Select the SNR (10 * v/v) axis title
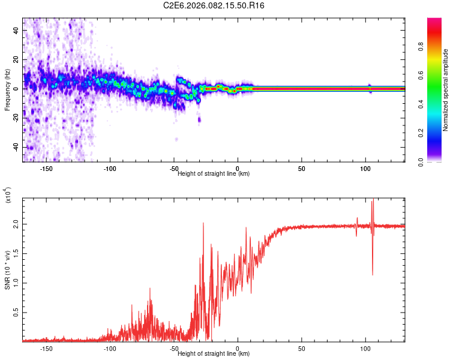pyautogui.click(x=8, y=270)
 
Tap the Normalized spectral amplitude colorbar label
pyautogui.click(x=446, y=90)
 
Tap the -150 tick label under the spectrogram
pyautogui.click(x=46, y=168)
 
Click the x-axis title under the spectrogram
pyautogui.click(x=214, y=173)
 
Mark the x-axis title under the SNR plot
pyautogui.click(x=214, y=353)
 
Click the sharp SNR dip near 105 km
pyautogui.click(x=373, y=274)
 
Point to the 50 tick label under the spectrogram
pyautogui.click(x=302, y=168)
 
